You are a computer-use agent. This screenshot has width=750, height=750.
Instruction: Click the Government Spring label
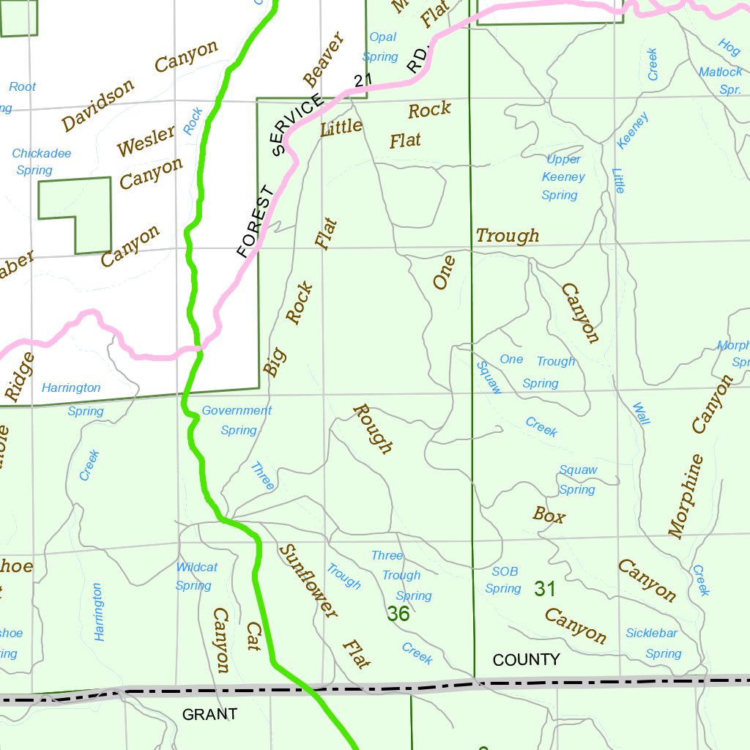(237, 420)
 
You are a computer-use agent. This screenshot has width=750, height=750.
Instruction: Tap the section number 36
(398, 614)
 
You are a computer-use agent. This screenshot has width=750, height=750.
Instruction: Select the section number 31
(545, 588)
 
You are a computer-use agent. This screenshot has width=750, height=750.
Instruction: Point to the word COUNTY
(526, 660)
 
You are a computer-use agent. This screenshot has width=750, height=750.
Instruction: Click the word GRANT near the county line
(209, 714)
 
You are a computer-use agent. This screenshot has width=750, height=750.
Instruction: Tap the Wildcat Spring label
(196, 576)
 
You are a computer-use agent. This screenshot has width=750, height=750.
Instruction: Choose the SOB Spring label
(504, 580)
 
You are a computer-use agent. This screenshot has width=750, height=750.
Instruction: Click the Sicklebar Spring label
(653, 643)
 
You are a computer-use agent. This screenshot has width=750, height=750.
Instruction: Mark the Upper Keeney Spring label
(562, 177)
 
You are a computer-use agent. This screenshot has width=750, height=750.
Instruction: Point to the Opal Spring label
(382, 47)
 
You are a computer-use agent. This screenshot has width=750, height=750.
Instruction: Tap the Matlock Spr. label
(721, 81)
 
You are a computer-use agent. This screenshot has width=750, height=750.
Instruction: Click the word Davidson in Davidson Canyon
(98, 105)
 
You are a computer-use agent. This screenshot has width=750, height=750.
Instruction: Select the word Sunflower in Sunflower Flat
(308, 582)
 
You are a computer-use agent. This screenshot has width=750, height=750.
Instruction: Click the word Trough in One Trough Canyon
(508, 236)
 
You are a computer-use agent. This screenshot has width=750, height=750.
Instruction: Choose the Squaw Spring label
(578, 480)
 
